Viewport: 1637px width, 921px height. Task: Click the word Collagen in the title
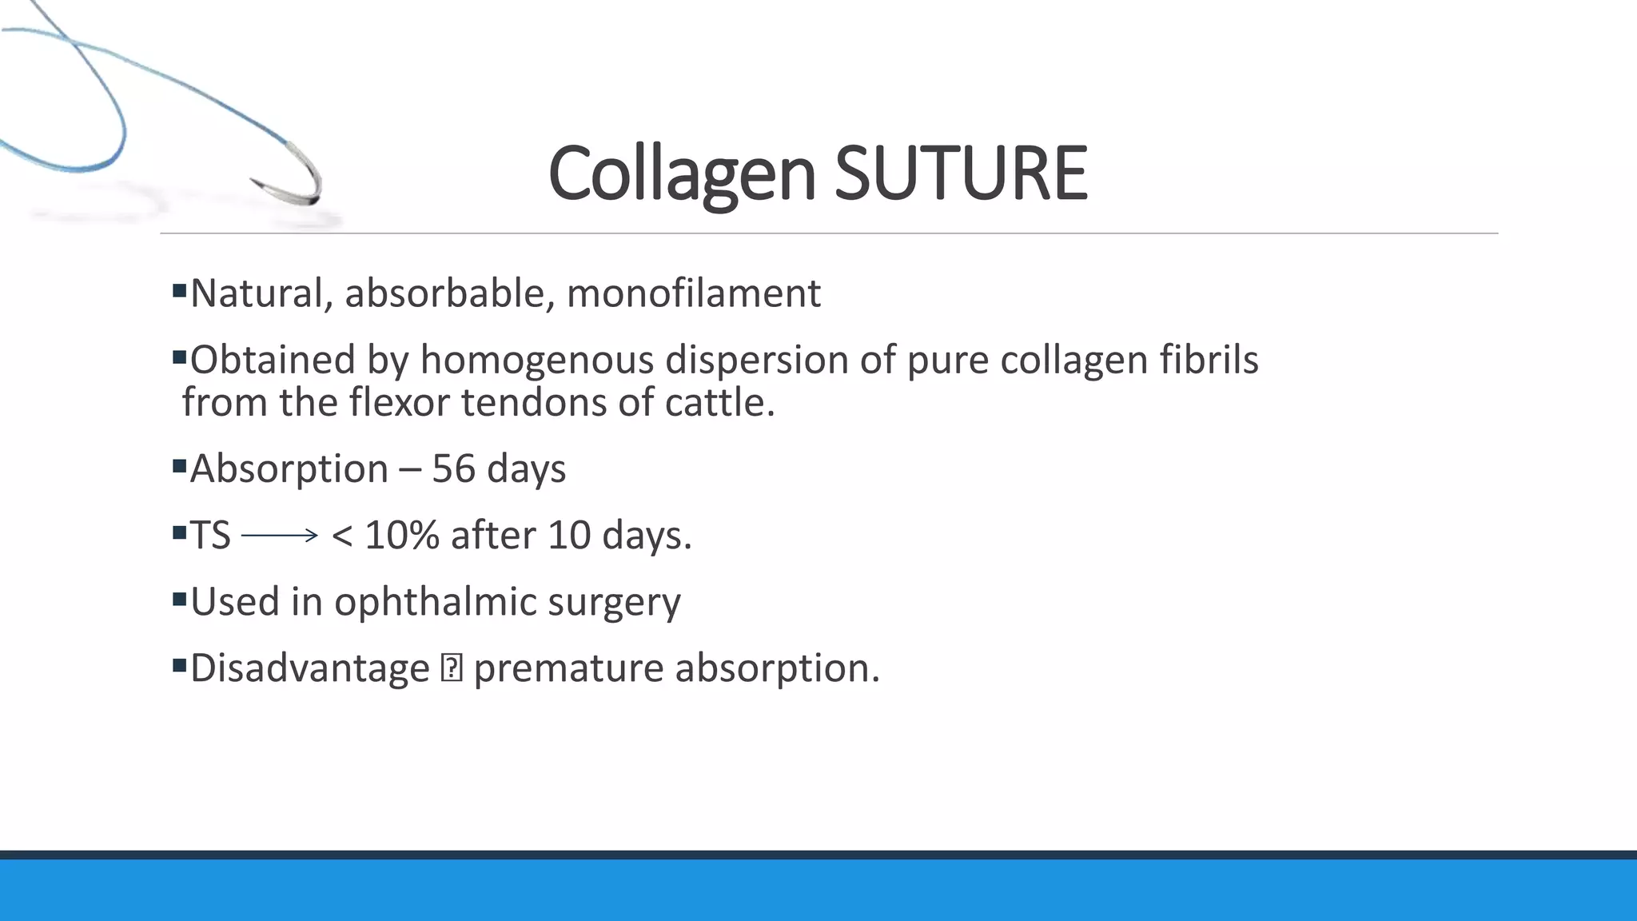(x=682, y=173)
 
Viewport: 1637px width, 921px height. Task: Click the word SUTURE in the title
(x=961, y=173)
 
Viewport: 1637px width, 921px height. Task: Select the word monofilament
(x=693, y=293)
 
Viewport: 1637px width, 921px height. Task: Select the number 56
(x=453, y=468)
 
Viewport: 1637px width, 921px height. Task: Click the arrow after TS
(x=280, y=536)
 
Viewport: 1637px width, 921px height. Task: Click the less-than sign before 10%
(x=342, y=536)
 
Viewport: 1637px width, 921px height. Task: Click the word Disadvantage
(x=310, y=668)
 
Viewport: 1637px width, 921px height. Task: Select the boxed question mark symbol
(x=452, y=668)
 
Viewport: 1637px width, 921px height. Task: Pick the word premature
(x=568, y=668)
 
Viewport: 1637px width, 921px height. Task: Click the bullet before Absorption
(x=179, y=464)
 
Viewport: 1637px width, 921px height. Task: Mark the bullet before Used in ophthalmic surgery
(x=179, y=598)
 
